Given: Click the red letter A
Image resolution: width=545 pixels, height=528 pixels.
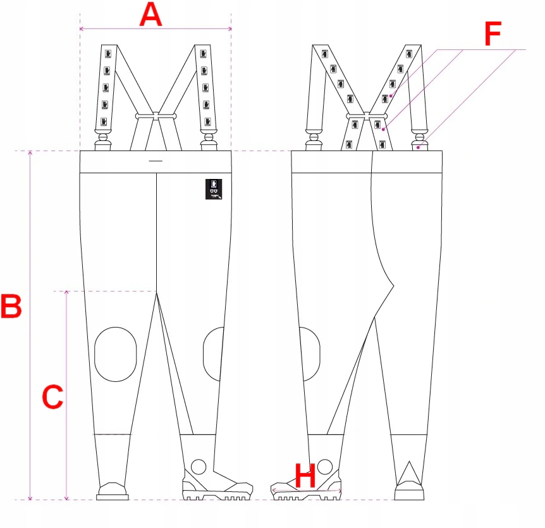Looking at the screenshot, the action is pos(150,15).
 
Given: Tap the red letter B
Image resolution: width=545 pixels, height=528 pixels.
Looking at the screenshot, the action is pos(11,307).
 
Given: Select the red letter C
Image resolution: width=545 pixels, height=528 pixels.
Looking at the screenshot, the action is pos(52,397).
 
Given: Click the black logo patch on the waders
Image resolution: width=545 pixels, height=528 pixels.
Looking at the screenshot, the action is pos(214,189).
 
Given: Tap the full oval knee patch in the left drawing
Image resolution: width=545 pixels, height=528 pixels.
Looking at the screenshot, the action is pos(115,354).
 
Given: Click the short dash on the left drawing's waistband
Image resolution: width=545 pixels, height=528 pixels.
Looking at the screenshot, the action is pos(155,161).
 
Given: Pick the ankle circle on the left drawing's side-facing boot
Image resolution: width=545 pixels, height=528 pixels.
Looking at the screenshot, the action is pos(199,467).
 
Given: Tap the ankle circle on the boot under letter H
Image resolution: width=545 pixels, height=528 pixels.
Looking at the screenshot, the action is pos(325,467).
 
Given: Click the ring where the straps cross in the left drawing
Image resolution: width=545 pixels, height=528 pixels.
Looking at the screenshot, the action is pos(155,116).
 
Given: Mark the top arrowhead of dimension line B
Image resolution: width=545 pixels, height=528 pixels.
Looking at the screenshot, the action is pos(30,154).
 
